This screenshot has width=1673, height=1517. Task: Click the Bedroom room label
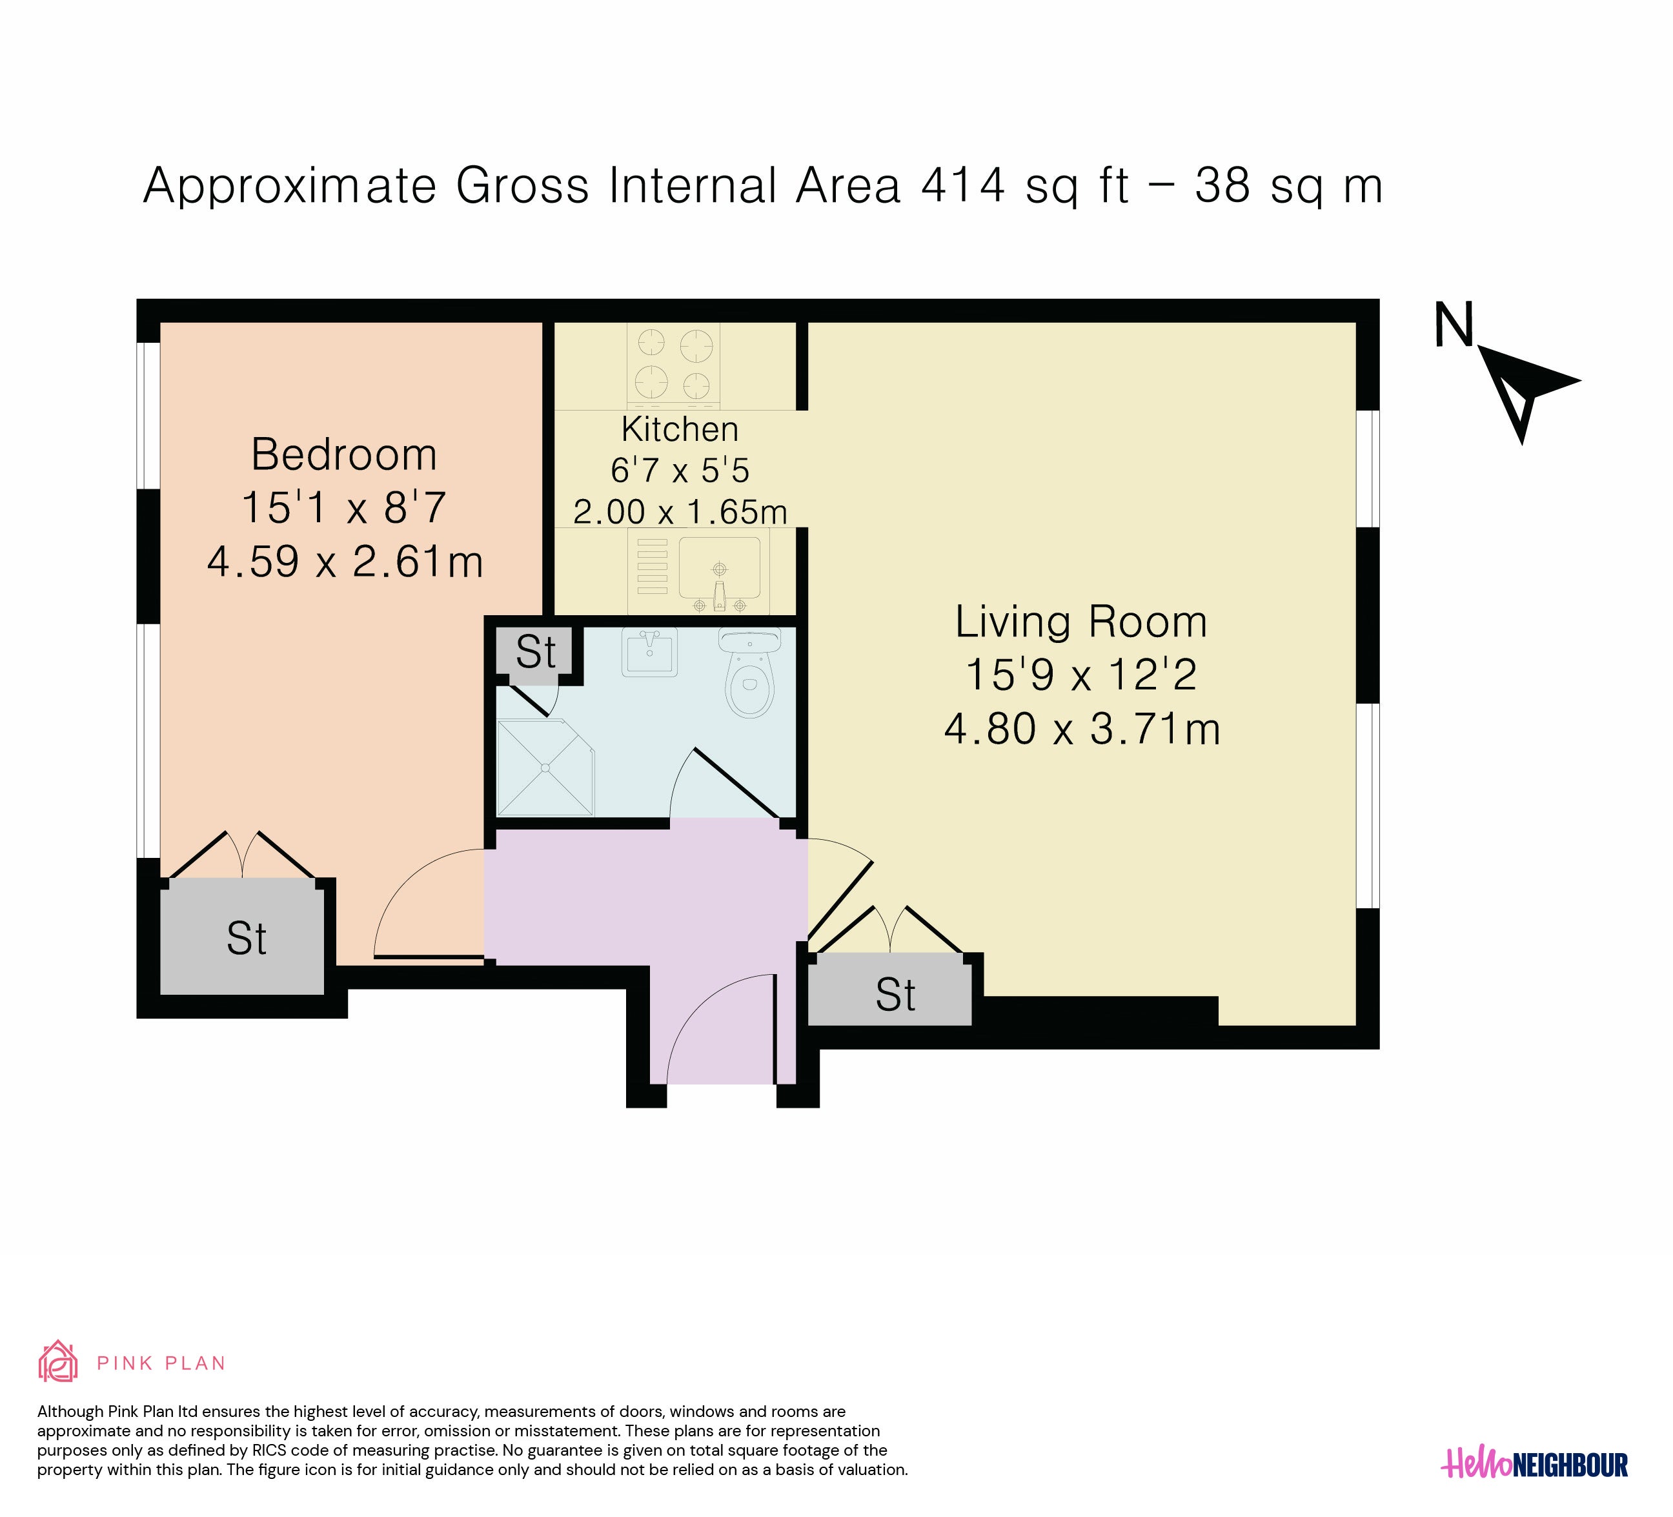coord(345,454)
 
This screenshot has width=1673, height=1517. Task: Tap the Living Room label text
coord(1081,623)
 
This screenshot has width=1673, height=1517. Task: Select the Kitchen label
coord(680,429)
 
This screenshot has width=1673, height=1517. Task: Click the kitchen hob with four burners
coord(674,365)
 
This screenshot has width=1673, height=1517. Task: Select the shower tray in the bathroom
coord(546,768)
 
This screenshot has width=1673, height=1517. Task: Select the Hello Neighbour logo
coord(1536,1488)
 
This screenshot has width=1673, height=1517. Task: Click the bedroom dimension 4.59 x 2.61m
coord(345,562)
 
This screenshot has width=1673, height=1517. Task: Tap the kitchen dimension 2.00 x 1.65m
coord(680,512)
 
